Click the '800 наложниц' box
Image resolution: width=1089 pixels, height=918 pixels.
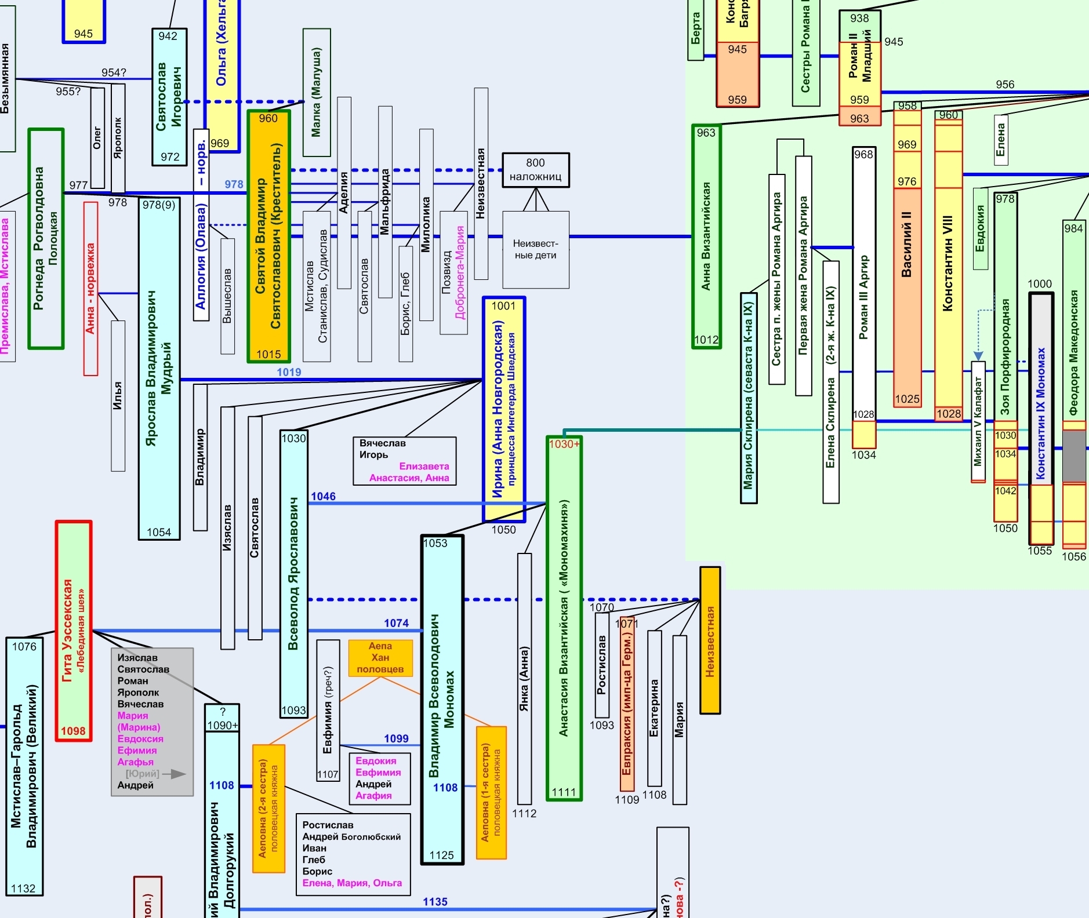pyautogui.click(x=535, y=170)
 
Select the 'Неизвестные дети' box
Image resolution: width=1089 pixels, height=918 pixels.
pyautogui.click(x=535, y=250)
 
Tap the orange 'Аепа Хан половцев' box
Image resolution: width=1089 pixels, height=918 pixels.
pyautogui.click(x=380, y=658)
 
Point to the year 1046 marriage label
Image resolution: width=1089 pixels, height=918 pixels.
pyautogui.click(x=323, y=496)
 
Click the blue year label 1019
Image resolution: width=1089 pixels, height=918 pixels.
pyautogui.click(x=289, y=372)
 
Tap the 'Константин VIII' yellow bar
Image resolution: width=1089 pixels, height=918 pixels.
pyautogui.click(x=948, y=267)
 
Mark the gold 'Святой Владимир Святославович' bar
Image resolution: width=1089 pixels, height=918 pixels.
pyautogui.click(x=268, y=236)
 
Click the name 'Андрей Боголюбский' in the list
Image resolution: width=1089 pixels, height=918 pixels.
pyautogui.click(x=351, y=836)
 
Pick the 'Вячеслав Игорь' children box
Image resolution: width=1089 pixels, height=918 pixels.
pyautogui.click(x=405, y=460)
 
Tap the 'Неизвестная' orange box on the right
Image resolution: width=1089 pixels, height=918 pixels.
pyautogui.click(x=710, y=640)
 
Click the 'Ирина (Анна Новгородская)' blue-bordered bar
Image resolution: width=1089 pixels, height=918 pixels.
pyautogui.click(x=503, y=409)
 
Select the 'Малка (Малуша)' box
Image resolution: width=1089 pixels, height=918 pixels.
pyautogui.click(x=316, y=92)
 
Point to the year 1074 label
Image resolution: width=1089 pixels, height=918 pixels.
pyautogui.click(x=396, y=623)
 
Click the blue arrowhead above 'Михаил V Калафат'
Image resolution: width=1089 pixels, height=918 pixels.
pyautogui.click(x=978, y=356)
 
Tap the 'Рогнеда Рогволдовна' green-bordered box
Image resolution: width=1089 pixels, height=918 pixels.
pyautogui.click(x=46, y=238)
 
